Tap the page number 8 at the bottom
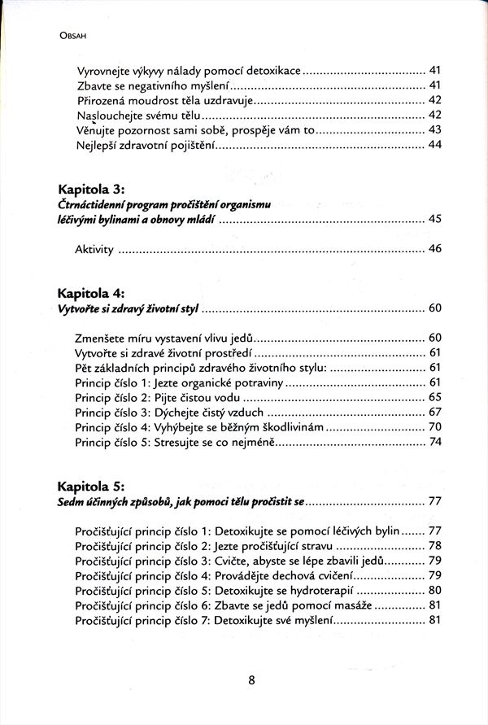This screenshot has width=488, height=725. [x=252, y=680]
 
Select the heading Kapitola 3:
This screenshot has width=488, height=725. [x=91, y=189]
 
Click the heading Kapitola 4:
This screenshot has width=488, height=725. [x=91, y=292]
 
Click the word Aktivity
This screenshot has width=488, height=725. [x=94, y=249]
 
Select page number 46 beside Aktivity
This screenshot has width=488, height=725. [x=434, y=249]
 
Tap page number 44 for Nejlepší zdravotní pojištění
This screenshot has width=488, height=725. [x=434, y=145]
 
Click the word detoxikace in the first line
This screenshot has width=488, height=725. [x=272, y=71]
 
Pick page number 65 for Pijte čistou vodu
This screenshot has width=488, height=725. [x=434, y=397]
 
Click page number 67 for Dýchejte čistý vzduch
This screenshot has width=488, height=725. [x=434, y=412]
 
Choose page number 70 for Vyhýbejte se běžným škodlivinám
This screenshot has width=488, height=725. [x=434, y=426]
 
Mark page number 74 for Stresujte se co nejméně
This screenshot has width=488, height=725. [x=434, y=442]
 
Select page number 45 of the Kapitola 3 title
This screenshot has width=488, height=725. [x=434, y=220]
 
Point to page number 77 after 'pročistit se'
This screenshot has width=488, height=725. [x=434, y=500]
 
